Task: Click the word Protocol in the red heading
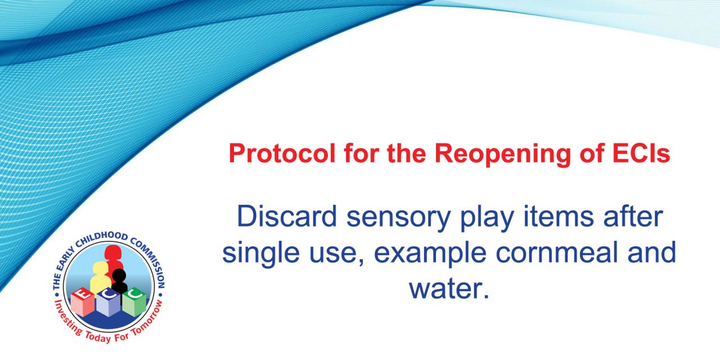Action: coord(282,154)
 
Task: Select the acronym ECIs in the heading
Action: coord(641,154)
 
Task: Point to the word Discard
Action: coord(287,217)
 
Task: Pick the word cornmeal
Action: coord(557,253)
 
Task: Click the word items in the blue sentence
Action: coord(559,217)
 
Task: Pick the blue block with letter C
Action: coord(109,303)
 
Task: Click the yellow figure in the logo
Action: coord(100,276)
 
